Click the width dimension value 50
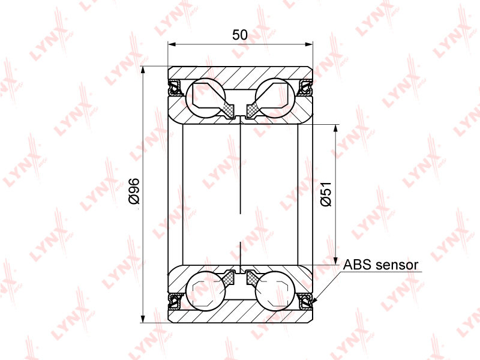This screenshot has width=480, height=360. tap(239, 35)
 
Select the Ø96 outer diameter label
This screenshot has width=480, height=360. tap(134, 191)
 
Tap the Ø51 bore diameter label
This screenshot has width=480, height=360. tap(326, 194)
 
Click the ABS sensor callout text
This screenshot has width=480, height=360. tap(380, 265)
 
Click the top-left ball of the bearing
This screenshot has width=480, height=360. tap(205, 98)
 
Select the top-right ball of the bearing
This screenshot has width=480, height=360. tap(275, 98)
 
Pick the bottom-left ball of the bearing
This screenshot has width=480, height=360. tap(205, 290)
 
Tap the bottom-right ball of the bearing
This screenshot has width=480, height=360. tap(275, 290)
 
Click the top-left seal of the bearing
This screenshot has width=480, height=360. tap(175, 87)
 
